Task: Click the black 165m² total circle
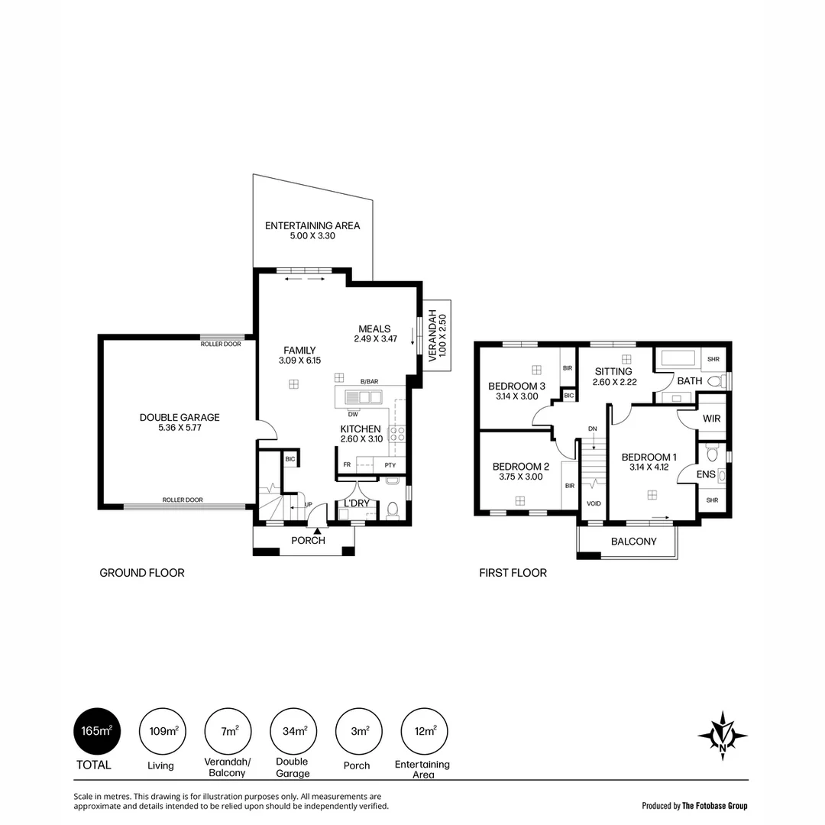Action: tap(96, 731)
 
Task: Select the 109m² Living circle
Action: tap(162, 731)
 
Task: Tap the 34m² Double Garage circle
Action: tap(294, 731)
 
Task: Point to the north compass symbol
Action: tap(722, 736)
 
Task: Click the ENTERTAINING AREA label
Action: tap(312, 226)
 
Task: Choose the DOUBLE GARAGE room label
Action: tap(180, 417)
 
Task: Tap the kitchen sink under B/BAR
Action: tap(363, 396)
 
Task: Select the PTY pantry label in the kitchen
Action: tap(390, 464)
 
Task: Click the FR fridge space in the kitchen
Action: tap(347, 464)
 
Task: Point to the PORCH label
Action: tap(308, 540)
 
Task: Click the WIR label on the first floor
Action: tap(711, 419)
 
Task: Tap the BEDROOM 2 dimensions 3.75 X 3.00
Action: tap(520, 477)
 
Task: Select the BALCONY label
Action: tap(633, 542)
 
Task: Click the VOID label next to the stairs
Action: tap(593, 504)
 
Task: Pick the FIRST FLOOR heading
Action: tap(513, 573)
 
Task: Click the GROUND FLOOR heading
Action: tap(142, 573)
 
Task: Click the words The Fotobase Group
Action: tap(715, 806)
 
